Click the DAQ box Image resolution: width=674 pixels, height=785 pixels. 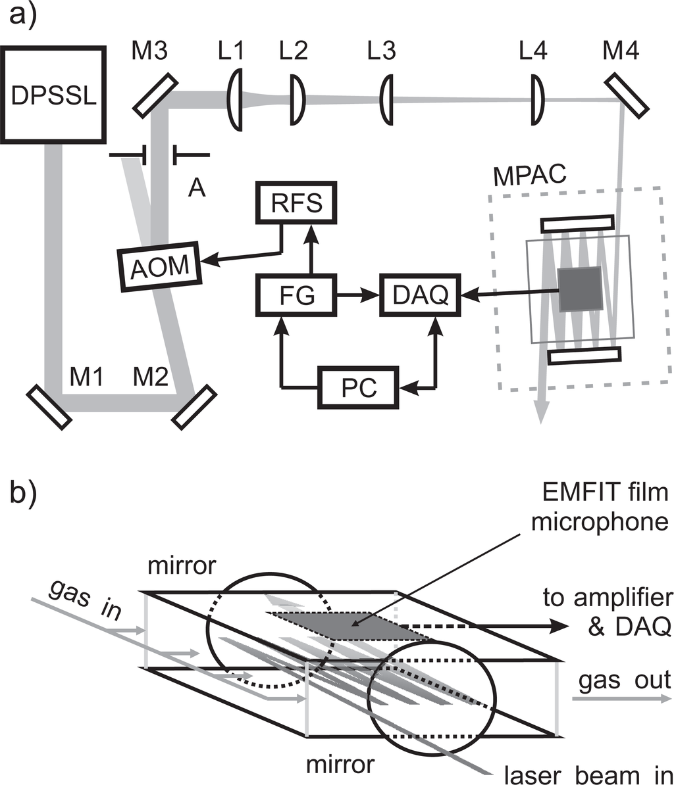coord(420,296)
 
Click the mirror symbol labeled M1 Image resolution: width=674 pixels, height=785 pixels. coord(49,407)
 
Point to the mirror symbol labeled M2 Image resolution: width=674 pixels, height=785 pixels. coord(194,407)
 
